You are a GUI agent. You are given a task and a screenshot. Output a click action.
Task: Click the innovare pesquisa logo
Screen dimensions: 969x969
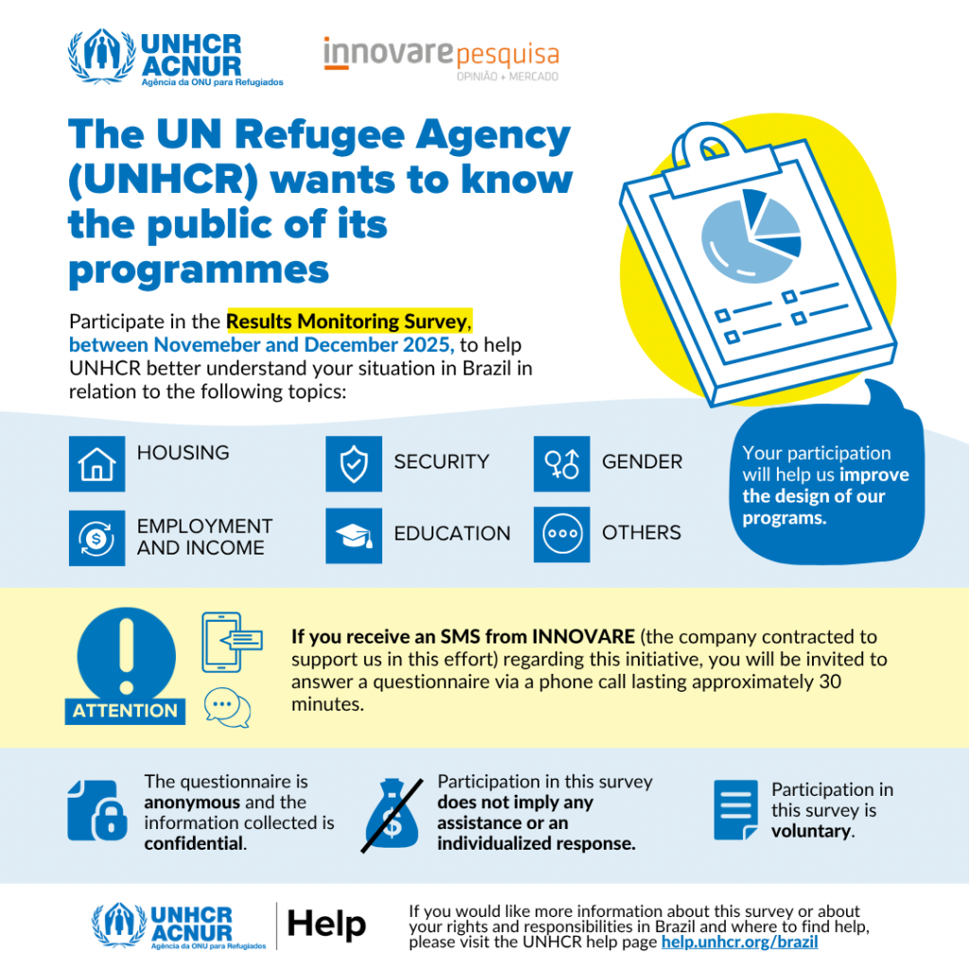440,58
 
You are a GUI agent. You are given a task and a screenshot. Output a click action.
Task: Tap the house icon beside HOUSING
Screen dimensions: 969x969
97,464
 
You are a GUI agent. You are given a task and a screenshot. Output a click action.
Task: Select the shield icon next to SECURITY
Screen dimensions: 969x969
354,464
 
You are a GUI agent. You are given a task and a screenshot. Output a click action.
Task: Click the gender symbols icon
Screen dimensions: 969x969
561,464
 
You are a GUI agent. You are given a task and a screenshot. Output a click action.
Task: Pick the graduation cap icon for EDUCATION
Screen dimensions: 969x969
354,536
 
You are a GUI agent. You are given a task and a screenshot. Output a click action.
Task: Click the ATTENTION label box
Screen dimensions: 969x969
125,710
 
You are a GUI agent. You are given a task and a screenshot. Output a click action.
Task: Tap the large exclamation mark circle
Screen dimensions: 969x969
126,649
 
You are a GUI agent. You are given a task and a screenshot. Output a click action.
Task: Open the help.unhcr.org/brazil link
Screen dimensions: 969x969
739,943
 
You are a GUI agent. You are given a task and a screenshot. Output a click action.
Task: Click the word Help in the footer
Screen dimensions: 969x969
326,925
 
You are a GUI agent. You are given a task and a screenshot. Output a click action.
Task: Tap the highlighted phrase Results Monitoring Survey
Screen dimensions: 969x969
346,323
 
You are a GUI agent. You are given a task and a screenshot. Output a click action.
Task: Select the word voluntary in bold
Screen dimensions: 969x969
811,831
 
